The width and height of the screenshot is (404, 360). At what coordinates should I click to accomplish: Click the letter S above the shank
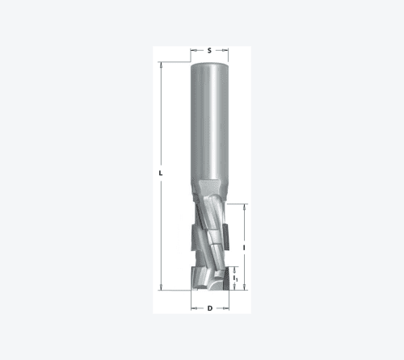coord(209,50)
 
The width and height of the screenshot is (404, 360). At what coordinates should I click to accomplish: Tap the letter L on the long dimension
coord(161,173)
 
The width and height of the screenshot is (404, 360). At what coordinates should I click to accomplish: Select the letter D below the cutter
coord(210,308)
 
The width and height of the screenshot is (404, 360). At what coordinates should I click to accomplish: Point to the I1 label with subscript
coord(235,278)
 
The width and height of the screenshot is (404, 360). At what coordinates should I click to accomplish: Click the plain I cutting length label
coord(244,248)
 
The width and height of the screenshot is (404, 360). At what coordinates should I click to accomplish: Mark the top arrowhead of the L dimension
coord(161,65)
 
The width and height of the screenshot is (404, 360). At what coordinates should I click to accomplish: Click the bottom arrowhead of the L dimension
coord(161,287)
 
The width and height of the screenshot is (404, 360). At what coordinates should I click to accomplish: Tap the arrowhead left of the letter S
coord(193,50)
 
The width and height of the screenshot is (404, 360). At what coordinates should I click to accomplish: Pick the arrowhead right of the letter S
coord(226,50)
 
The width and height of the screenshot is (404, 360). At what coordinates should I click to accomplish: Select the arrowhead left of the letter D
coord(194,308)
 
